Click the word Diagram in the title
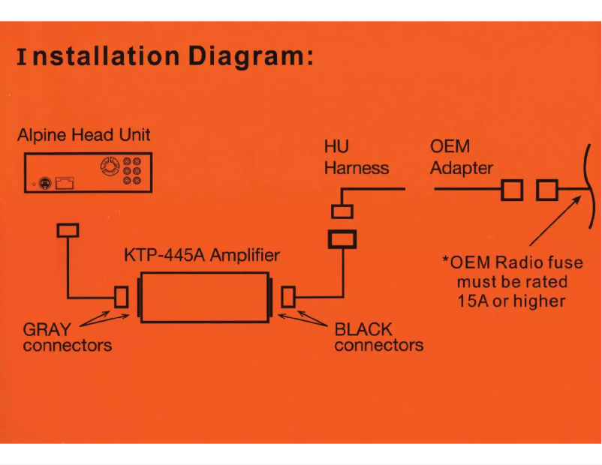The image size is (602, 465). click(248, 56)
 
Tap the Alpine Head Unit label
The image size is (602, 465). click(83, 136)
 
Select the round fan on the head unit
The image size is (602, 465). click(110, 166)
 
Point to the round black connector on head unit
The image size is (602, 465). click(47, 181)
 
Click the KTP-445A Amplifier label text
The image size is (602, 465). click(201, 255)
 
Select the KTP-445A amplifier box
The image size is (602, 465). click(203, 297)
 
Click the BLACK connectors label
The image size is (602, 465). click(378, 337)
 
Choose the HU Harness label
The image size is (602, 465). click(356, 157)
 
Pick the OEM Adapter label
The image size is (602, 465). click(461, 157)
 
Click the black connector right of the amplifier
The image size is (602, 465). click(288, 298)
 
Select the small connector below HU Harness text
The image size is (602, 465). click(342, 212)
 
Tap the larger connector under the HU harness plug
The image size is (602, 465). click(342, 239)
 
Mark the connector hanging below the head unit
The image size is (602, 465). click(68, 229)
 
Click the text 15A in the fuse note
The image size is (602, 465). click(474, 301)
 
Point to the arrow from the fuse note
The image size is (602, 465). click(555, 221)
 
